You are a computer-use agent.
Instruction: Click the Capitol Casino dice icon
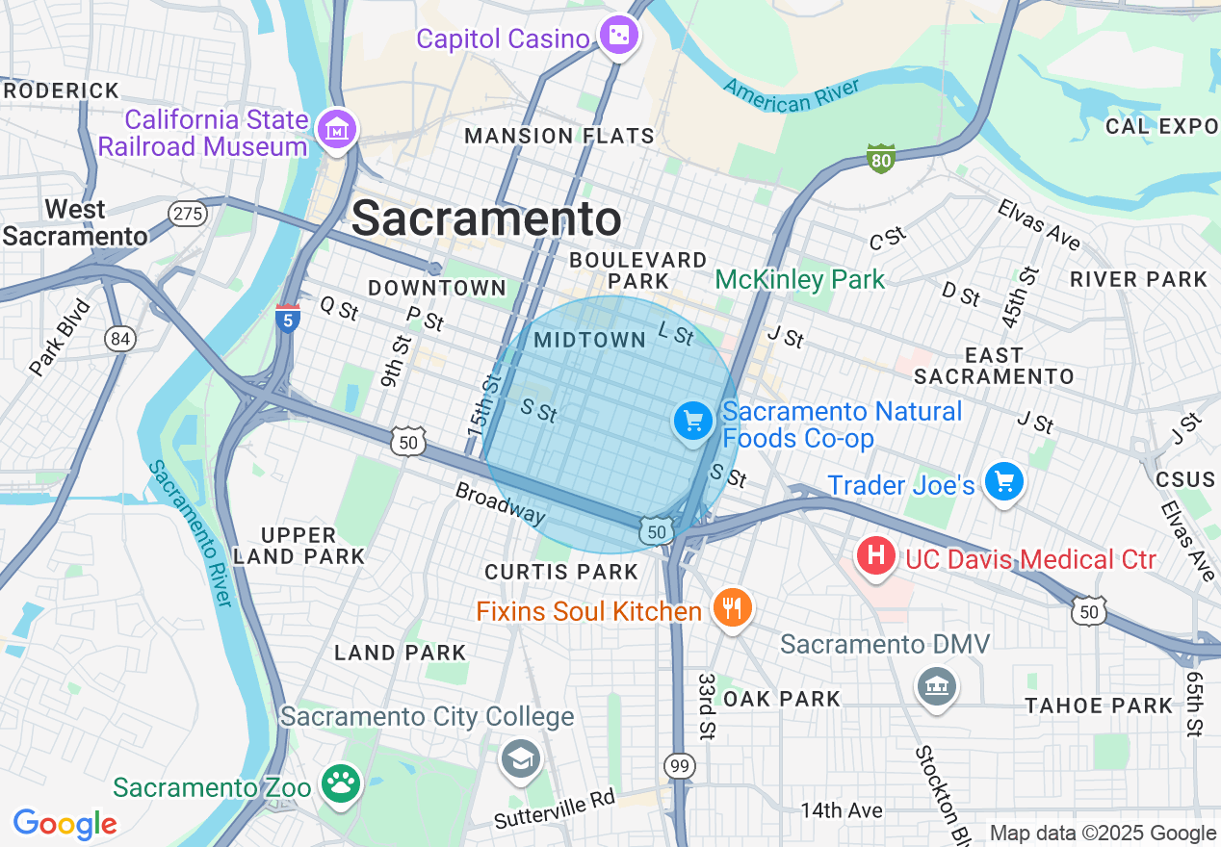coord(618,38)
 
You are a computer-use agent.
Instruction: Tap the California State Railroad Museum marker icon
coord(338,129)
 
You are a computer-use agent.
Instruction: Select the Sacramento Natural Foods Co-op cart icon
coord(692,422)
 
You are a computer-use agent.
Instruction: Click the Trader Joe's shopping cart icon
coord(1003,481)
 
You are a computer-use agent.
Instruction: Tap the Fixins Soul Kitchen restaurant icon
coord(732,608)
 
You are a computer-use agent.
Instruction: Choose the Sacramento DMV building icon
coord(936,686)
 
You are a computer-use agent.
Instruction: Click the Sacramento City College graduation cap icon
coord(520,759)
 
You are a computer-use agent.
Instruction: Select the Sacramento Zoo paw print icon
coord(340,784)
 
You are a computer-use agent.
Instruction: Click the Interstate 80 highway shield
coord(880,158)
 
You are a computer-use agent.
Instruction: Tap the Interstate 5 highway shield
coord(287,318)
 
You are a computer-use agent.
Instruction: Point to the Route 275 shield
coord(187,213)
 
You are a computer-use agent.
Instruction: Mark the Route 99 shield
coord(680,766)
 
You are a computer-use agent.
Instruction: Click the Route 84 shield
coord(121,338)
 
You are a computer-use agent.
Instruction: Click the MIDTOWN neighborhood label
coord(589,340)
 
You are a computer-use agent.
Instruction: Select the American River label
coord(792,95)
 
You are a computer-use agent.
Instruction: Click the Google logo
coord(65,823)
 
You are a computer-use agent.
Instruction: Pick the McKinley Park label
coord(799,280)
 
